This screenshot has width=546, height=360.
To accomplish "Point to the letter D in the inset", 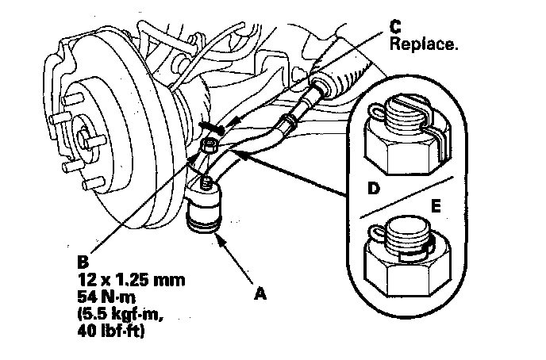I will (371, 190).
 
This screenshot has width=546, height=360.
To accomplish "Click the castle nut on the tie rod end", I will (210, 146).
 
